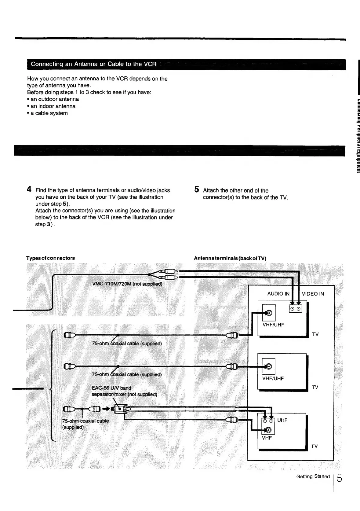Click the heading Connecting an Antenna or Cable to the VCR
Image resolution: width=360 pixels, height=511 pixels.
click(x=93, y=64)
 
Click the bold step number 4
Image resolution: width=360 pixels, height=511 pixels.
click(x=29, y=189)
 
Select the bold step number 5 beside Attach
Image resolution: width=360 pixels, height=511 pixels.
click(x=197, y=189)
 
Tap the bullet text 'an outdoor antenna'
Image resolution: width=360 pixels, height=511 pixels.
click(x=54, y=99)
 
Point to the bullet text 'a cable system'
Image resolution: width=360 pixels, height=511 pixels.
click(x=49, y=113)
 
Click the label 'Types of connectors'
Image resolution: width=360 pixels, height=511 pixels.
click(x=50, y=258)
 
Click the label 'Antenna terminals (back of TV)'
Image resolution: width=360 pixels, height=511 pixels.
click(x=230, y=258)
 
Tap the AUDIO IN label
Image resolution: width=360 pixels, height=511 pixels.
click(x=278, y=294)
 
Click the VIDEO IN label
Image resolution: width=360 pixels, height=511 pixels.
click(x=313, y=294)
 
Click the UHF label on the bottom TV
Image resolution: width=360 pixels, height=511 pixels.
click(x=282, y=420)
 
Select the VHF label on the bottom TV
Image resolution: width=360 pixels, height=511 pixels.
click(x=267, y=438)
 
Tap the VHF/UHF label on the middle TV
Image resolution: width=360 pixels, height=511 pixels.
click(x=273, y=378)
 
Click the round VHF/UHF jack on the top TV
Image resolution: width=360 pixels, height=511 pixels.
click(x=269, y=313)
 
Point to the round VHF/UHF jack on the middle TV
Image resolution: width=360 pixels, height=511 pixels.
click(x=269, y=366)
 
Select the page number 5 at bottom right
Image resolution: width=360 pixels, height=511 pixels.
click(x=339, y=478)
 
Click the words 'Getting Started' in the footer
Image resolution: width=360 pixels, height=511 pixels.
click(x=313, y=476)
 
